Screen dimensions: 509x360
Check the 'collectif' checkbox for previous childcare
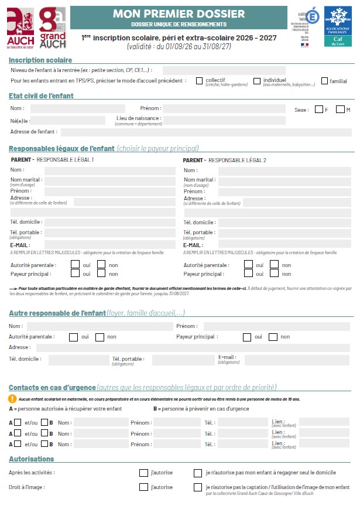(x=200, y=81)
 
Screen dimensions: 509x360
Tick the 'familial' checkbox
(x=324, y=81)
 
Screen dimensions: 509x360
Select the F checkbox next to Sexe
(x=318, y=109)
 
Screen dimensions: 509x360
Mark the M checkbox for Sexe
(x=341, y=109)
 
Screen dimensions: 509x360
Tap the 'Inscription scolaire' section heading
(x=40, y=60)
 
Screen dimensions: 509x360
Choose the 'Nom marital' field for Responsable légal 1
(x=110, y=181)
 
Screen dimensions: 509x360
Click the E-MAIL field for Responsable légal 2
(x=284, y=245)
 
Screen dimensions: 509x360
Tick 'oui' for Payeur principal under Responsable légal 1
(x=75, y=274)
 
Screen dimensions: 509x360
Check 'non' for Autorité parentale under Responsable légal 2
(x=274, y=265)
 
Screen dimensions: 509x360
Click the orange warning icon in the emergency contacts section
(x=12, y=398)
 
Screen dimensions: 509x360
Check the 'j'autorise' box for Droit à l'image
(x=143, y=487)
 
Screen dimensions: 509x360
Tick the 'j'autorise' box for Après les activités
(x=143, y=472)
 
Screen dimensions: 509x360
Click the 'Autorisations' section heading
(x=32, y=459)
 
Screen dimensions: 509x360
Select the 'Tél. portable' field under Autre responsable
(x=179, y=360)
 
